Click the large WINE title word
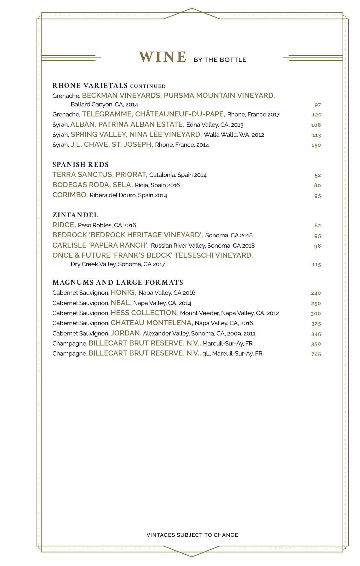[x=162, y=57]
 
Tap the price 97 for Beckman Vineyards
[x=317, y=105]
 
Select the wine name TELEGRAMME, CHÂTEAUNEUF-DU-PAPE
[x=153, y=114]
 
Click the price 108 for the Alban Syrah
[x=316, y=125]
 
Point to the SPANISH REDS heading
[x=81, y=164]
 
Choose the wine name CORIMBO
[x=70, y=195]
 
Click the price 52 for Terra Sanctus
[x=318, y=175]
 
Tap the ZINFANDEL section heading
[x=75, y=215]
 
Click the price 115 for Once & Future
[x=316, y=265]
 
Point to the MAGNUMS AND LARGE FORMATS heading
[x=118, y=282]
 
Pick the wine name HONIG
[x=123, y=292]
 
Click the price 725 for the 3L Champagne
[x=316, y=354]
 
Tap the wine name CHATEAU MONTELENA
[x=152, y=323]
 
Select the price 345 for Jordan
[x=316, y=334]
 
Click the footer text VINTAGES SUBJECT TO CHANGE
[x=192, y=535]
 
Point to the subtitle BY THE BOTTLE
[x=220, y=60]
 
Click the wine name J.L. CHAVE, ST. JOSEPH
[x=112, y=144]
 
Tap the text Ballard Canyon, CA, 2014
[x=104, y=104]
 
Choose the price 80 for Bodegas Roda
[x=317, y=185]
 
